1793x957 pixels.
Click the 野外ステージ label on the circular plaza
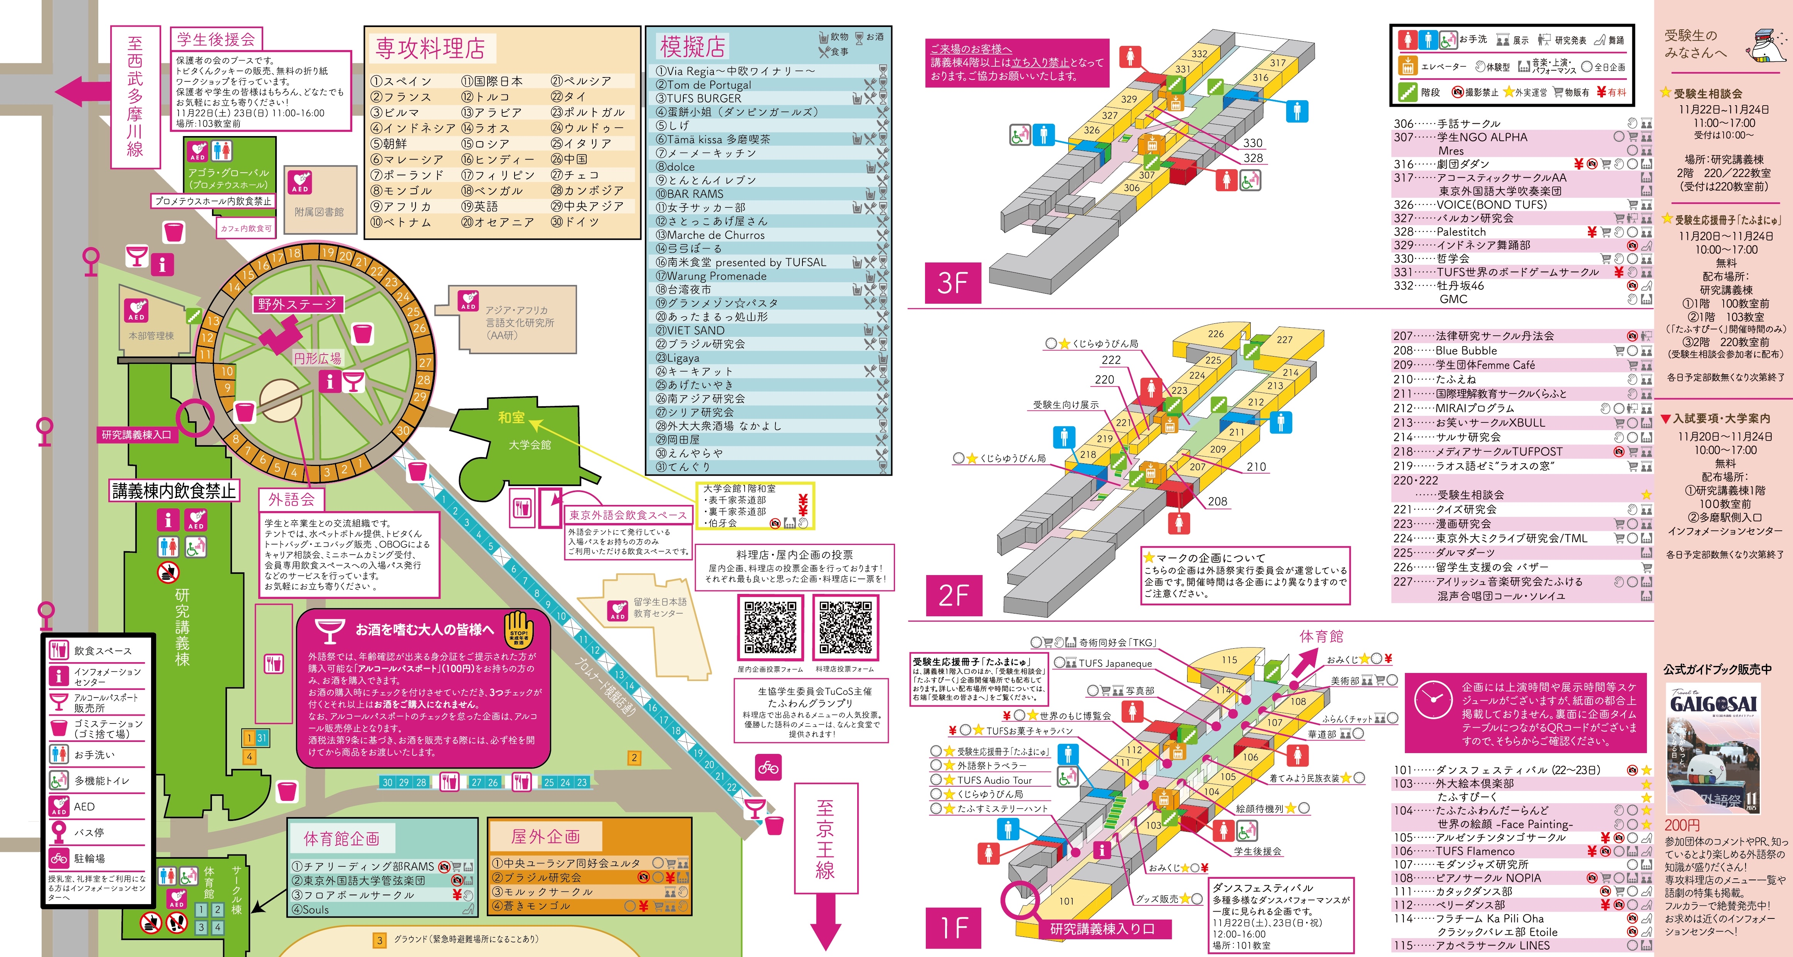296,304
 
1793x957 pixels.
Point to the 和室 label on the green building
511,417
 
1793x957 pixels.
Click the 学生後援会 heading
216,39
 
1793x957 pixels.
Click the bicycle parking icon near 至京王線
769,768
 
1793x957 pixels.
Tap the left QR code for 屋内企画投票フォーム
770,628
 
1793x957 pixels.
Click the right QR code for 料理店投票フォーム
845,628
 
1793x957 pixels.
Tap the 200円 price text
1682,825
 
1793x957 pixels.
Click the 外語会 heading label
292,499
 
